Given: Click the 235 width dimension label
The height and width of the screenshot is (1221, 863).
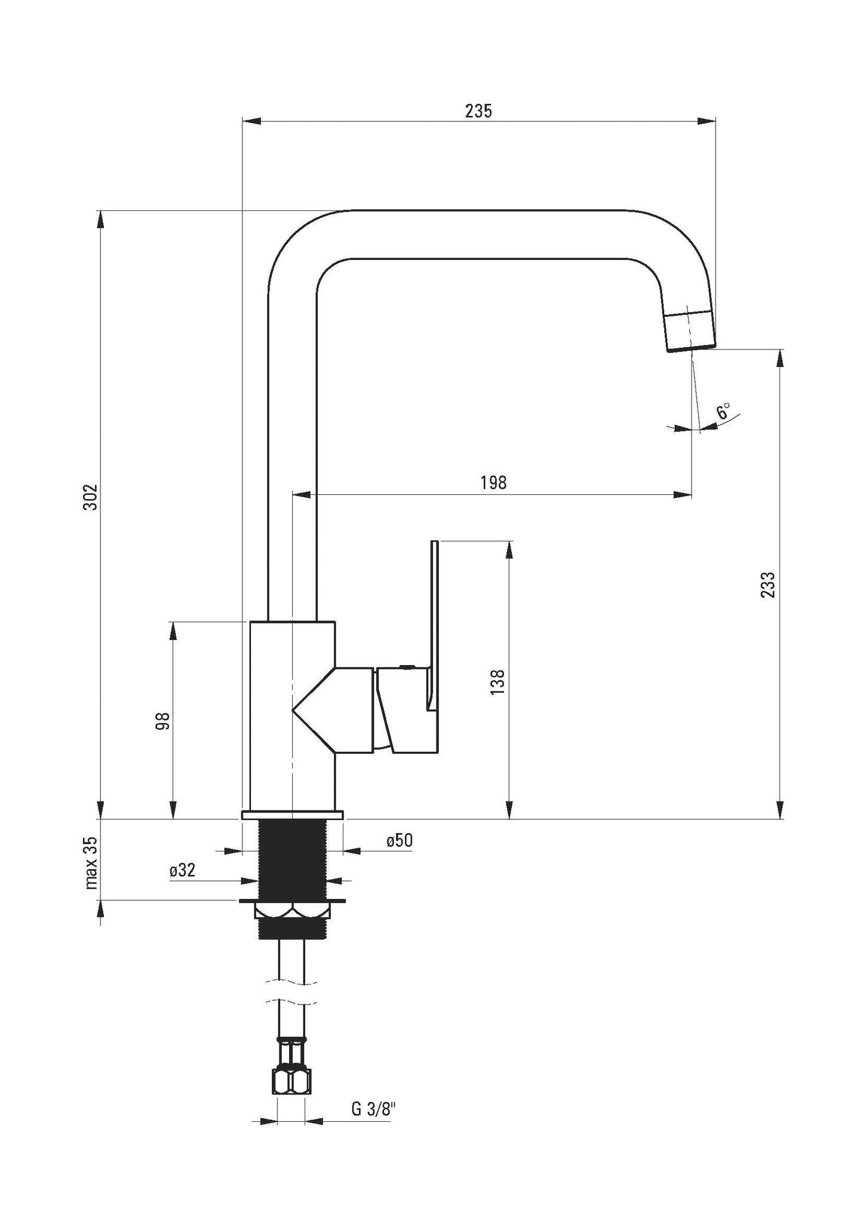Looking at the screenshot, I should [479, 111].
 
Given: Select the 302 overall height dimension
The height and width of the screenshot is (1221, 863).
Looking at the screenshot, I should [90, 497].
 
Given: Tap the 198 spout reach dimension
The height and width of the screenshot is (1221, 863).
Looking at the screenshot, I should [493, 483].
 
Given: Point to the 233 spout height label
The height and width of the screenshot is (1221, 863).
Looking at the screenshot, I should [769, 585].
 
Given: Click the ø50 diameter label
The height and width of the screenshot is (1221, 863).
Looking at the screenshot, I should [399, 840].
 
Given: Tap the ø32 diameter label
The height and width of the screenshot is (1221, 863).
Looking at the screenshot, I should [182, 870].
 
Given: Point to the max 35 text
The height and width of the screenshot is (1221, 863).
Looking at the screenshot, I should [90, 863].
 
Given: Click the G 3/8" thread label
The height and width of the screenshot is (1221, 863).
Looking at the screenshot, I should [374, 1110].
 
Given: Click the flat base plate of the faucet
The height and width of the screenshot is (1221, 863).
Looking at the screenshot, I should [292, 815].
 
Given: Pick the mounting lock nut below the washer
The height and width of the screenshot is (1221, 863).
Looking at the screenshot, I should [292, 927].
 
